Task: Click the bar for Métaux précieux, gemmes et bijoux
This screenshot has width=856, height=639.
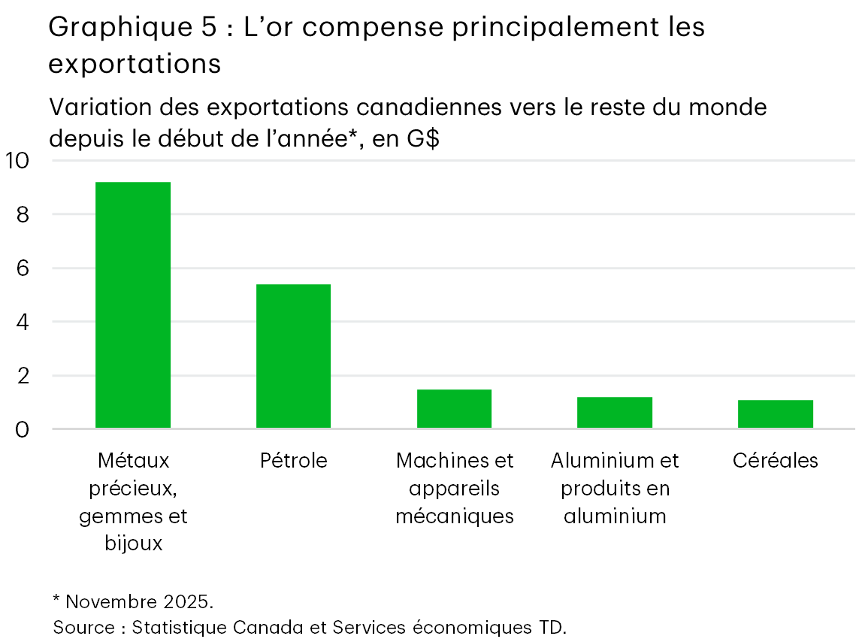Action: pos(133,305)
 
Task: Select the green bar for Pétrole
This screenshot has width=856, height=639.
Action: pos(293,356)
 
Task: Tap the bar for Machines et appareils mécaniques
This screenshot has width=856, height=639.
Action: pos(454,409)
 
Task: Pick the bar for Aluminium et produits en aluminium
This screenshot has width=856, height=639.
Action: pos(615,413)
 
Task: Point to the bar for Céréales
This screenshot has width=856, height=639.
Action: pos(775,414)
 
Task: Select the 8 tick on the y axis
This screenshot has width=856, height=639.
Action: pos(23,214)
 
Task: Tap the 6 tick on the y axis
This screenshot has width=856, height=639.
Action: pos(23,268)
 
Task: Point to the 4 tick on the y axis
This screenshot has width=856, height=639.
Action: pos(23,322)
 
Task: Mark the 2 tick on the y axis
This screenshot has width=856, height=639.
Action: pos(23,376)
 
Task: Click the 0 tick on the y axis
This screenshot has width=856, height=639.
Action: pos(23,429)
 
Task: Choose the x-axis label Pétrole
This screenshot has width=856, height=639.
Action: pos(293,460)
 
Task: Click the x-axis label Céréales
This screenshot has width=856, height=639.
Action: pos(775,460)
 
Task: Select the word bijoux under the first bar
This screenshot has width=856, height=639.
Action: pos(133,543)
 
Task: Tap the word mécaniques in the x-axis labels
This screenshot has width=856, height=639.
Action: pos(454,516)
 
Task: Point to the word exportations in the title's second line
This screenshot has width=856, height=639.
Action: pos(135,65)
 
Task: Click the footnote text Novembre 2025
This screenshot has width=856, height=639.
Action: pos(139,602)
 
